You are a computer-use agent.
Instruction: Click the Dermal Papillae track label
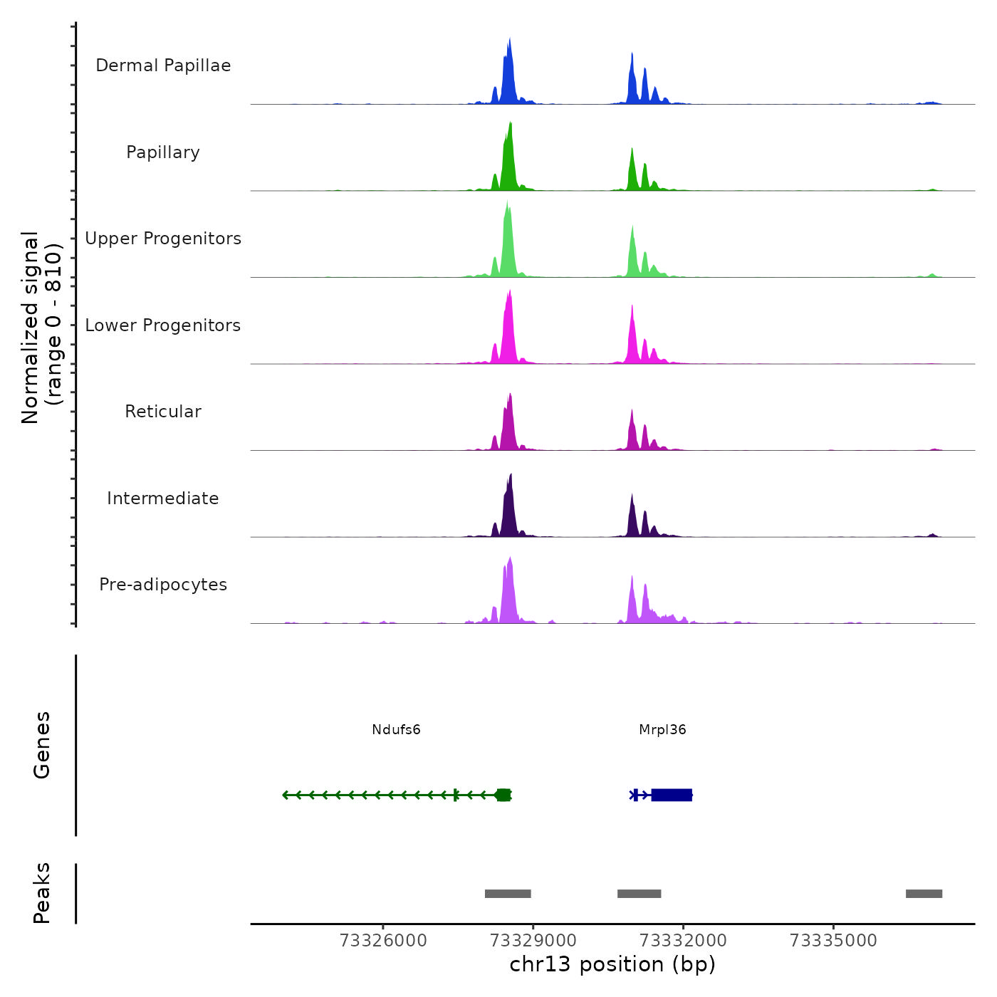point(163,66)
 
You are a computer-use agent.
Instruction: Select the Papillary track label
point(163,152)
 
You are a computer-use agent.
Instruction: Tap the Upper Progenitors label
point(163,239)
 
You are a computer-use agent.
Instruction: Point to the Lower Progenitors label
point(163,325)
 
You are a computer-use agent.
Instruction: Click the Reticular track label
point(163,412)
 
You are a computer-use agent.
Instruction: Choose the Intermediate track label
point(163,499)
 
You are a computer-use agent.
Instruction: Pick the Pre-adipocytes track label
point(163,585)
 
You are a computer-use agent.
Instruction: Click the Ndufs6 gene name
point(396,730)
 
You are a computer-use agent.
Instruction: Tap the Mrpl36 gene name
point(662,730)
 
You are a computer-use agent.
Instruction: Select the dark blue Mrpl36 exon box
point(672,795)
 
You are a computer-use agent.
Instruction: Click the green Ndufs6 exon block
point(503,795)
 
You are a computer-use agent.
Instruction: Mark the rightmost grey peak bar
point(924,894)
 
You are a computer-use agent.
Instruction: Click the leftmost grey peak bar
point(508,894)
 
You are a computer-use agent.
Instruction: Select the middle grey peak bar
point(639,894)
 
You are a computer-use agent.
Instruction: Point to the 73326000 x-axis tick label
point(383,941)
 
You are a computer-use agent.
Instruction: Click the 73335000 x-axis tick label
point(833,941)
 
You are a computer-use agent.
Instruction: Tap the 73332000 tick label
point(683,941)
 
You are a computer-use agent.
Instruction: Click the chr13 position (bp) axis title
point(612,964)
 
